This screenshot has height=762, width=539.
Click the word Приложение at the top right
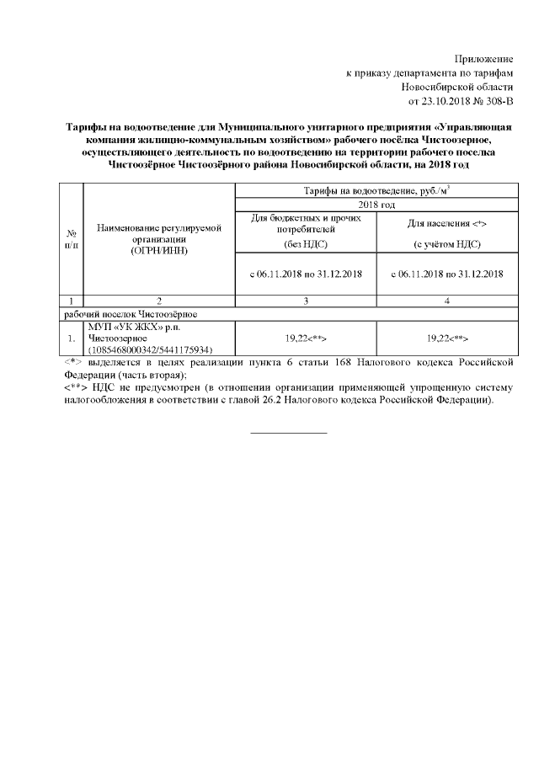(483, 59)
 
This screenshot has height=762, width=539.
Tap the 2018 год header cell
(375, 205)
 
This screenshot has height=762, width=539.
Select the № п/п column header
(72, 238)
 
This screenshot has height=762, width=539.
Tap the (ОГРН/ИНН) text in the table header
(158, 250)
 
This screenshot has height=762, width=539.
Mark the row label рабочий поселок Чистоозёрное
(131, 313)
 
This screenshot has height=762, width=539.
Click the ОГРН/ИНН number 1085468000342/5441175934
(150, 349)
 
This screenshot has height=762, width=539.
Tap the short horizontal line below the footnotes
(289, 433)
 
